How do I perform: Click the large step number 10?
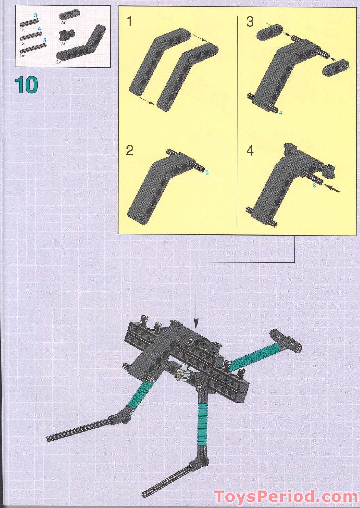pos(26,85)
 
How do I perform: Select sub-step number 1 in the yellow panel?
pos(129,22)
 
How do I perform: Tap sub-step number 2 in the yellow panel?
pos(129,150)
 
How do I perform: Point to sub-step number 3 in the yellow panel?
pos(250,22)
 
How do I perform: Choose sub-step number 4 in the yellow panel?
pos(250,150)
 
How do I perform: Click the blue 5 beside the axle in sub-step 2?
pos(207,173)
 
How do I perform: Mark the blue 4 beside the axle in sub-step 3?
pos(280,113)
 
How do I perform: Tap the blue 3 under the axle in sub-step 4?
pos(314,186)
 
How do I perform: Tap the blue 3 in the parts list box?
pos(36,15)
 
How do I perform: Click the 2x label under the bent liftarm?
pos(58,62)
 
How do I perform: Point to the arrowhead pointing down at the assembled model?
pos(196,321)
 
